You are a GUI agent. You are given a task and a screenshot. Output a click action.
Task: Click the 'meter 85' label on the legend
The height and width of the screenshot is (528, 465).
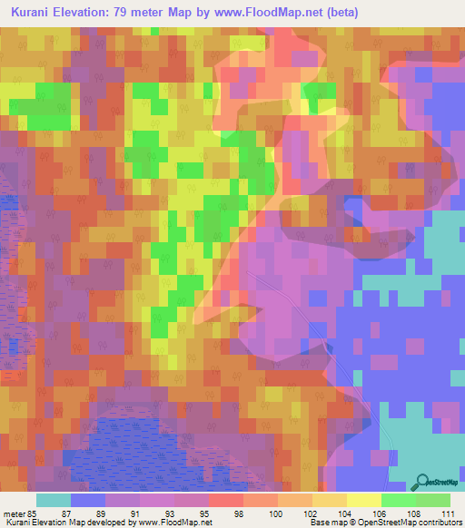click(x=18, y=513)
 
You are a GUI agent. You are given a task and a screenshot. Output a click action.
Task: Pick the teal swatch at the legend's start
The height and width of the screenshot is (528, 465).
click(x=54, y=500)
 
